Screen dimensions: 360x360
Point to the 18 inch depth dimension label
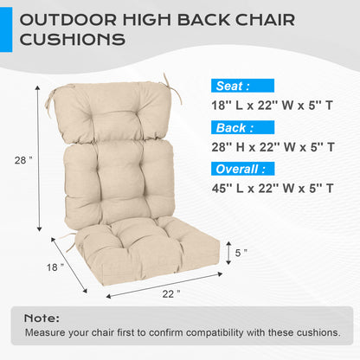pos(55,267)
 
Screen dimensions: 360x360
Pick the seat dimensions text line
pos(273,106)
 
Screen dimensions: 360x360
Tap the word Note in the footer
pos(42,318)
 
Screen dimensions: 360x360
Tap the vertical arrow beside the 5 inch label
pos(228,253)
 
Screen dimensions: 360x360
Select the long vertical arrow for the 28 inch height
pos(39,160)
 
